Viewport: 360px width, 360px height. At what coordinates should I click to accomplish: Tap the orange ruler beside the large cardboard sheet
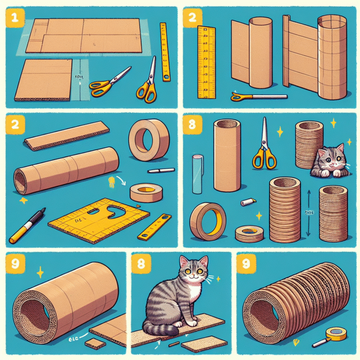pos(164,52)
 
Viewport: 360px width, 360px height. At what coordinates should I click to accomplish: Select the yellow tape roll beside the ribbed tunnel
pos(337,333)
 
